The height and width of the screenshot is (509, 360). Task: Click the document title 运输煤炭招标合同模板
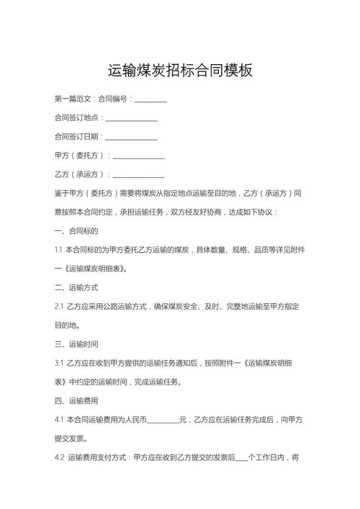(x=180, y=71)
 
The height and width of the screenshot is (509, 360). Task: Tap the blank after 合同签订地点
(x=132, y=118)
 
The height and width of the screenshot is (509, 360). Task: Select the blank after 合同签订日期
(x=132, y=137)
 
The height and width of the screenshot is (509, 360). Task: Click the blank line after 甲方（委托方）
(x=138, y=156)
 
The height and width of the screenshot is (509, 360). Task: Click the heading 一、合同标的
(x=76, y=231)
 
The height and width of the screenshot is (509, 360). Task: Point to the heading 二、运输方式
(x=76, y=287)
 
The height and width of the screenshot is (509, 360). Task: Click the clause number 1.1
(x=58, y=250)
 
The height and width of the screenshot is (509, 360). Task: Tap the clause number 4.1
(x=59, y=419)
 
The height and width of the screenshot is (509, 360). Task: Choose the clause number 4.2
(x=60, y=457)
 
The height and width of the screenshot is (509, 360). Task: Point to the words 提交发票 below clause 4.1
(x=71, y=438)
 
